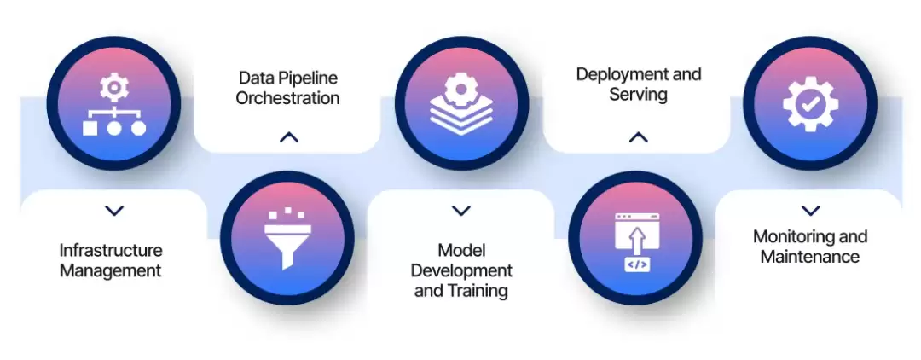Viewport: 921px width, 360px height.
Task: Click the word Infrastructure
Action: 111,251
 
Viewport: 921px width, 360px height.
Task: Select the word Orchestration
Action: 288,97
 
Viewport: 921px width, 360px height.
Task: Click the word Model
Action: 461,251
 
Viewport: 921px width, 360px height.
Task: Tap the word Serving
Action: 639,95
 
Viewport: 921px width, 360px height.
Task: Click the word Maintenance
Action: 810,257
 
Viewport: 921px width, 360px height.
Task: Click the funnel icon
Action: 287,237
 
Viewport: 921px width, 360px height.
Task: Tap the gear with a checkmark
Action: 811,104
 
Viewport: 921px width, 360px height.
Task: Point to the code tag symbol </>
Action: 637,264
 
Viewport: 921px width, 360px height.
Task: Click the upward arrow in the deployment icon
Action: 637,240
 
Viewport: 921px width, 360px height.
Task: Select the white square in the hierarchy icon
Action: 90,128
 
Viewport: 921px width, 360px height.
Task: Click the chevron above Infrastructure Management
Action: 114,210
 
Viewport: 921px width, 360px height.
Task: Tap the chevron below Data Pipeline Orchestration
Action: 289,137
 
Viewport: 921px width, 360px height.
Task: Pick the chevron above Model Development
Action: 461,210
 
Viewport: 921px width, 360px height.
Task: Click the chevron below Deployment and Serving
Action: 639,137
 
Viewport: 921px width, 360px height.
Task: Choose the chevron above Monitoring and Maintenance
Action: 811,210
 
